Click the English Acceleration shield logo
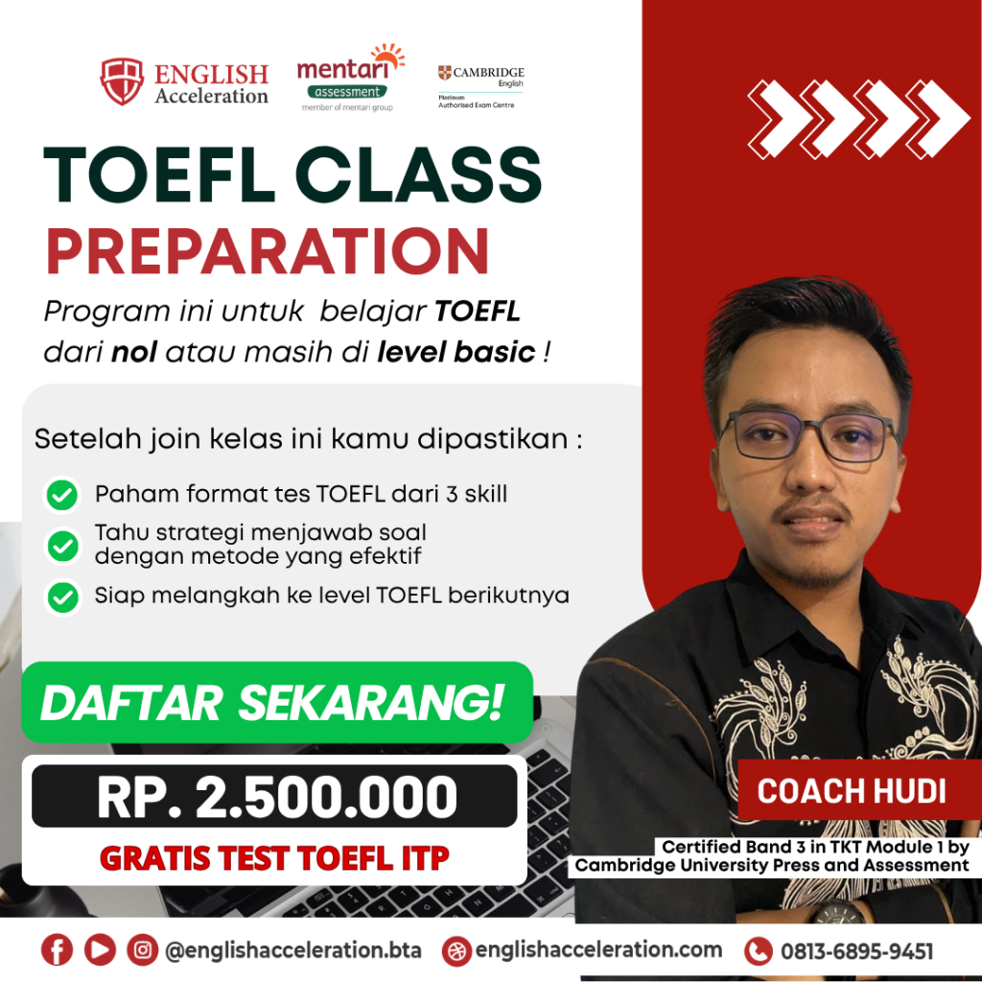[122, 82]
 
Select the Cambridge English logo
[481, 86]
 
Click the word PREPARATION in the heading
[268, 251]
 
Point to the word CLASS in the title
[418, 175]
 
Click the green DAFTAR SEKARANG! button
[277, 702]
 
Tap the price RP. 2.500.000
[276, 797]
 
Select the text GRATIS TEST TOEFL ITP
[274, 858]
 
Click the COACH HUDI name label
[852, 791]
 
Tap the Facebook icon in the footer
[57, 949]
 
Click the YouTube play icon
[100, 949]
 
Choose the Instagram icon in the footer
[143, 949]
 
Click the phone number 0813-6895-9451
[856, 951]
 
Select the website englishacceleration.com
[598, 950]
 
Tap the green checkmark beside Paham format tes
[62, 495]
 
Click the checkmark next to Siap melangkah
[62, 596]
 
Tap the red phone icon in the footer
[759, 952]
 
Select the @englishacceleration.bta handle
[293, 950]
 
